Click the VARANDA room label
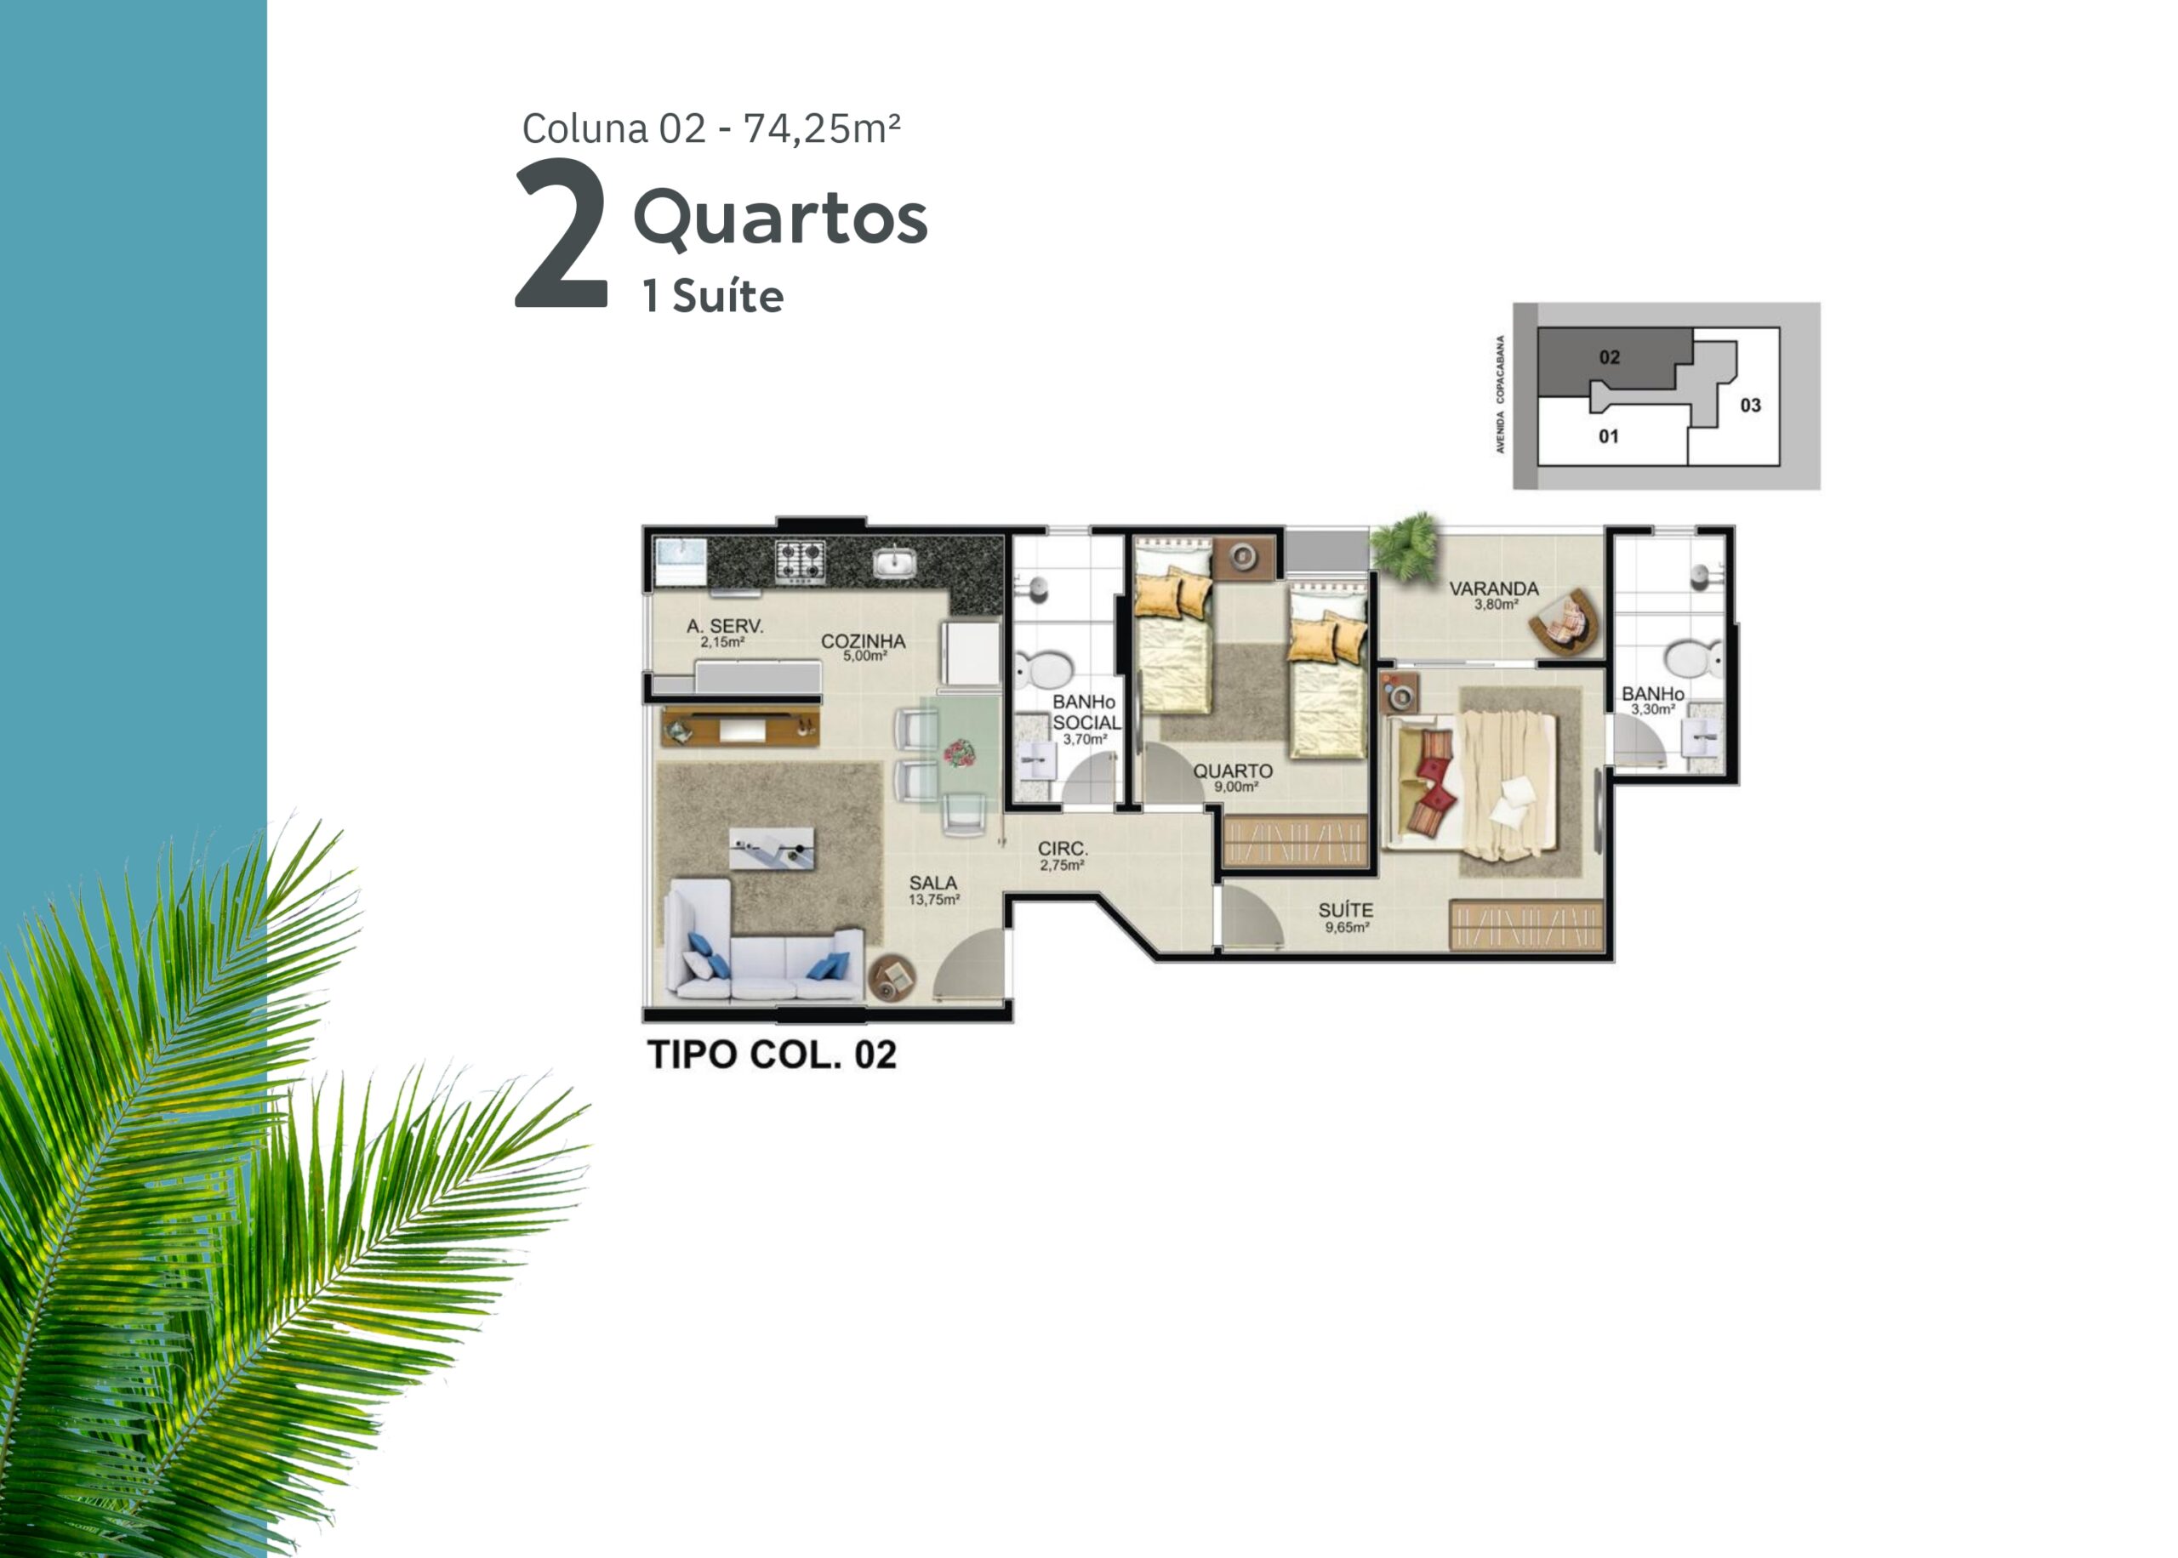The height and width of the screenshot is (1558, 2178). [1493, 594]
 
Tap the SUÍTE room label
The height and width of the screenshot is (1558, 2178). [1345, 916]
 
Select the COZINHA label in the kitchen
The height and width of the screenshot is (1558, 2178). [863, 646]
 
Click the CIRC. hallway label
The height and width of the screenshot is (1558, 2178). [1062, 856]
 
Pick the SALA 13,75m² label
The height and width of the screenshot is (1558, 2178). [933, 890]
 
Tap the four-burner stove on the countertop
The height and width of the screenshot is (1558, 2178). [801, 562]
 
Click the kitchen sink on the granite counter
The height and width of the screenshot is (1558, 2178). [894, 561]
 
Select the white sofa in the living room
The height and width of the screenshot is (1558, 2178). [763, 942]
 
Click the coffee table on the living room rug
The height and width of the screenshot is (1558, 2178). [772, 848]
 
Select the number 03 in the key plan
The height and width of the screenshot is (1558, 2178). [1750, 405]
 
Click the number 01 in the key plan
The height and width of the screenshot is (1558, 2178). [1608, 436]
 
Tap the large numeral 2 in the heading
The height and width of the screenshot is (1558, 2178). [562, 234]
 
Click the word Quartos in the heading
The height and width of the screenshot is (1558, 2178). [780, 219]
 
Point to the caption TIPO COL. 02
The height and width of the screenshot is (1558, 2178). [773, 1055]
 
